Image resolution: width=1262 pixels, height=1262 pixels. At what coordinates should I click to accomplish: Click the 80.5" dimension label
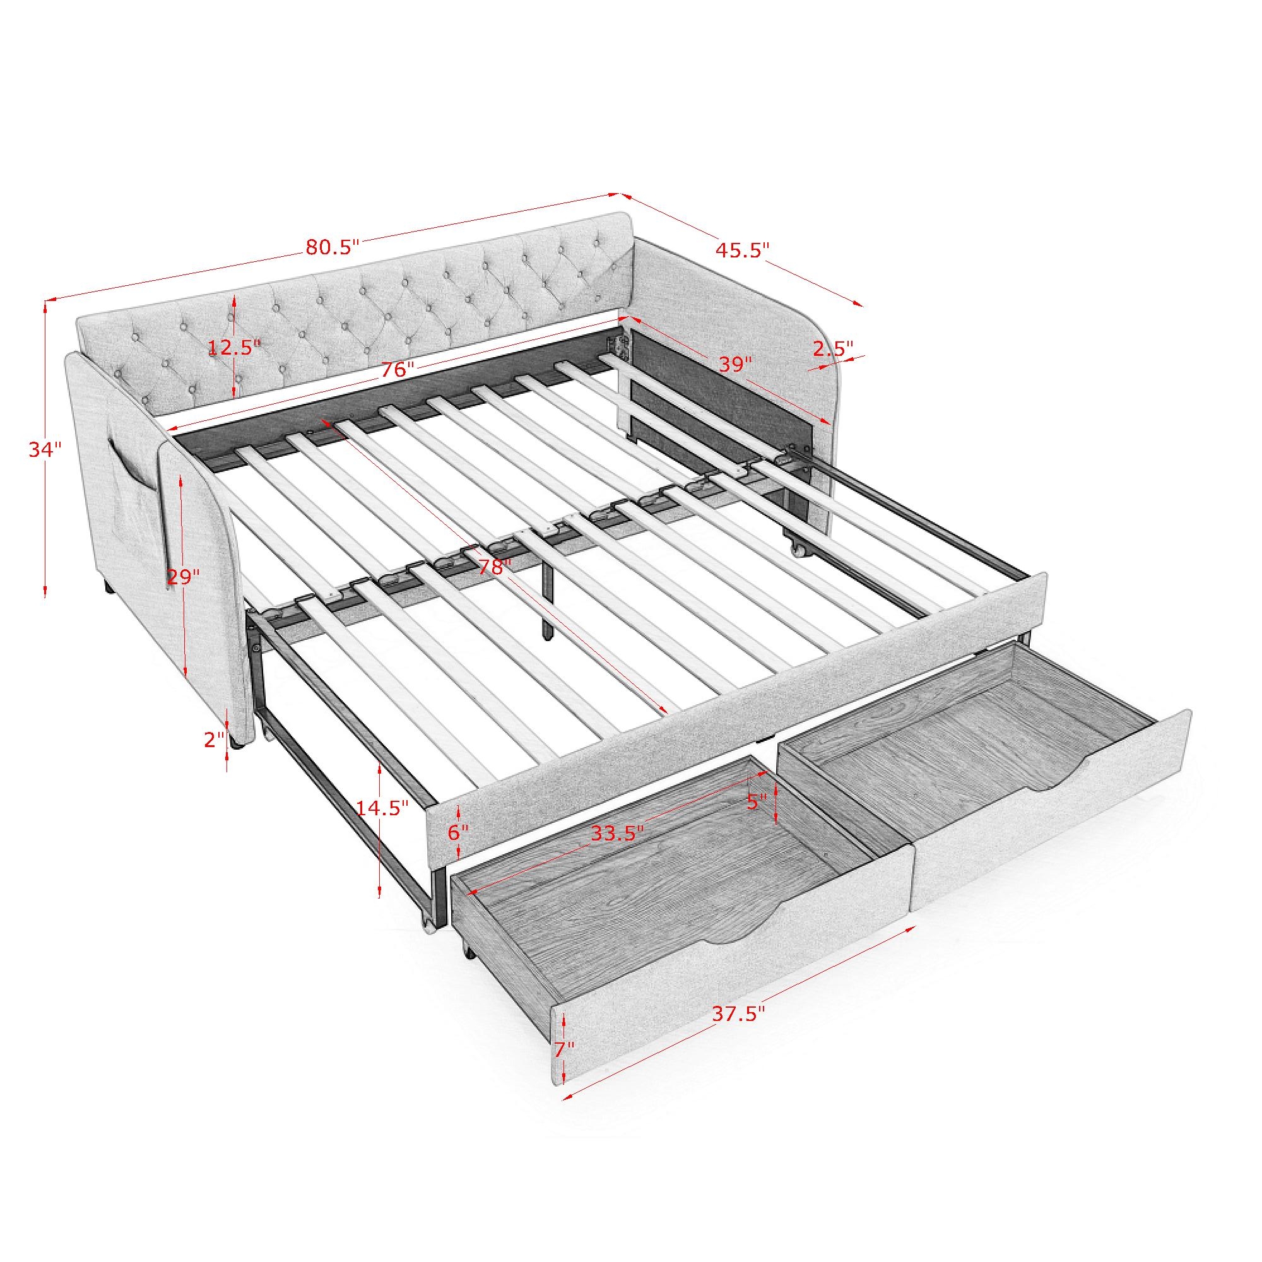click(333, 247)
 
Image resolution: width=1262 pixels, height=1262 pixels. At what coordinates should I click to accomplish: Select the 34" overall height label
click(45, 449)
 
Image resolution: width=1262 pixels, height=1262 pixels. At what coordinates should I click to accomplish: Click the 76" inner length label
click(398, 369)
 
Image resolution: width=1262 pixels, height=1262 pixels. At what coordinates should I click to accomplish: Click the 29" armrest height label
click(183, 577)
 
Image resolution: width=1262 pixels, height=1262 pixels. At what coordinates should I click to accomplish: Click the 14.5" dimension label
click(382, 808)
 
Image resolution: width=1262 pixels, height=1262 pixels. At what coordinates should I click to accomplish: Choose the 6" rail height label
click(459, 832)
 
